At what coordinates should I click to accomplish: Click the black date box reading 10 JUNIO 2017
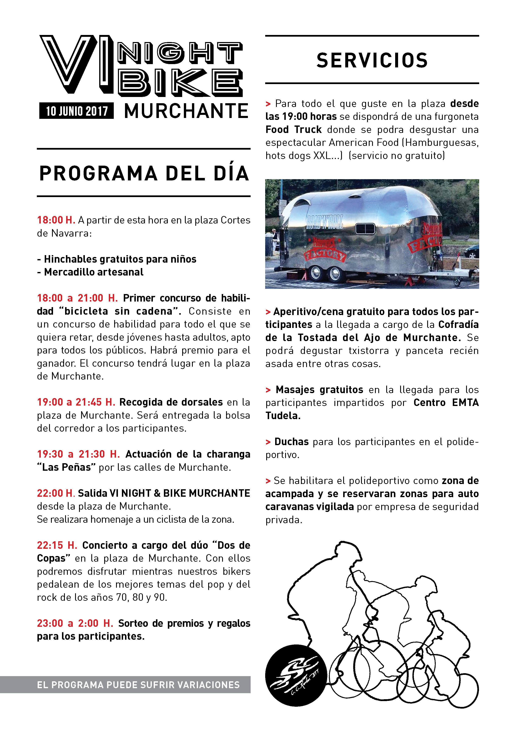76,111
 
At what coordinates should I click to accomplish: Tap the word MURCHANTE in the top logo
186,111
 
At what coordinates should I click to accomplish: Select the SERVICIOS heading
372,60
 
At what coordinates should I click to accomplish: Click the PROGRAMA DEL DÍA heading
144,174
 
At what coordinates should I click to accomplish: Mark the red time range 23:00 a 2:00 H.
75,623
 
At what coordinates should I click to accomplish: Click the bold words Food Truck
294,130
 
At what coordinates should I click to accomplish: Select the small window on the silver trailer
365,228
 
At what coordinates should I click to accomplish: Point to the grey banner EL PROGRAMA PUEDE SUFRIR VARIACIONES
138,685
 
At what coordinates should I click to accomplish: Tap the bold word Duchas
291,442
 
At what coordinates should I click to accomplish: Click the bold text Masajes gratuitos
319,390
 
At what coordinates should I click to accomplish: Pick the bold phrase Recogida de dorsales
171,402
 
